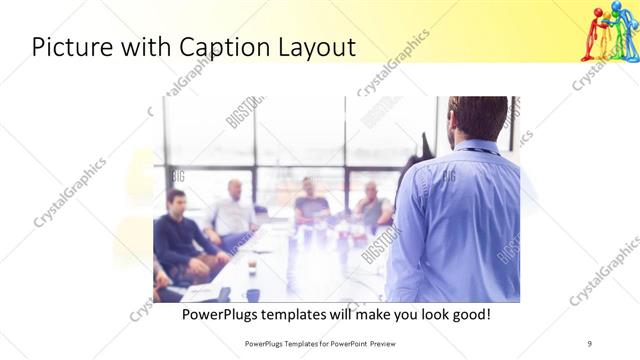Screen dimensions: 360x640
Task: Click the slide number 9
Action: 589,344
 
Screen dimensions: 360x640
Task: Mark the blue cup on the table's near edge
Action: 252,294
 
